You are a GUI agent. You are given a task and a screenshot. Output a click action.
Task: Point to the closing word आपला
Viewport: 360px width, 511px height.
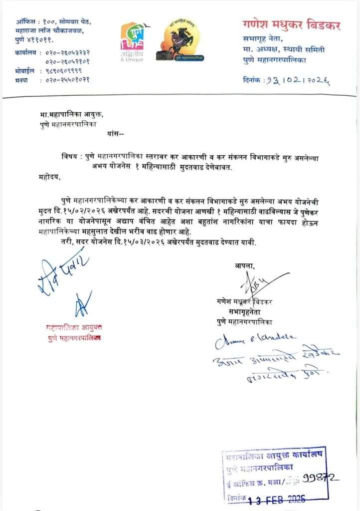click(244, 265)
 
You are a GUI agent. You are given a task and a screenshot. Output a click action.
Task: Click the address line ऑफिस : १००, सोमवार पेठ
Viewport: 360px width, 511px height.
click(53, 22)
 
